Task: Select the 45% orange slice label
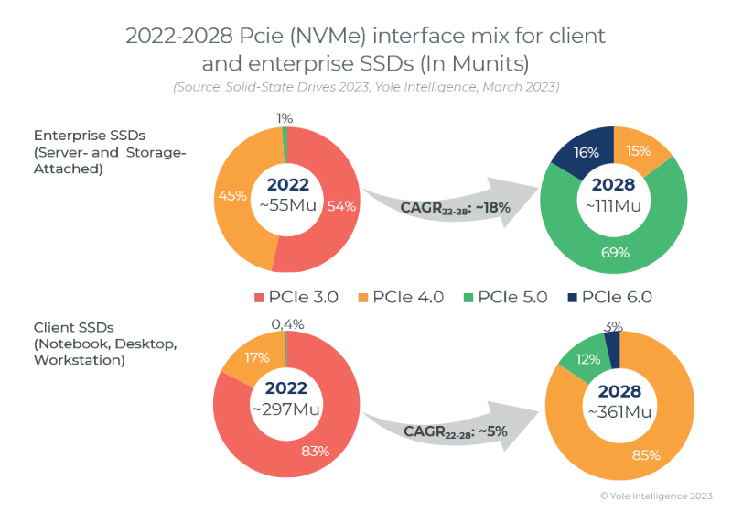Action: point(232,194)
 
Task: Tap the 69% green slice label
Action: point(614,251)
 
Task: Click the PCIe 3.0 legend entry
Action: point(296,296)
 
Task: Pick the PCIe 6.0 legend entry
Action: point(608,296)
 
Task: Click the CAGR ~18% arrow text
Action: point(442,207)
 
